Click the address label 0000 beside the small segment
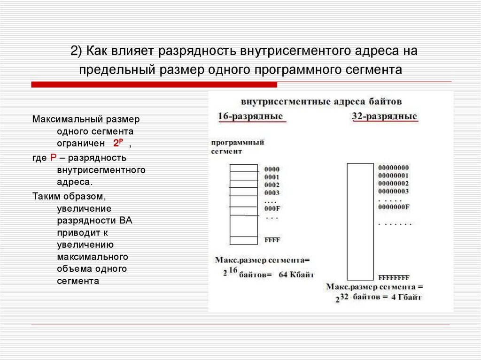pyautogui.click(x=272, y=169)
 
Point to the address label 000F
pyautogui.click(x=272, y=208)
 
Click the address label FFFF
pyautogui.click(x=272, y=240)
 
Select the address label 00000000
pyautogui.click(x=393, y=168)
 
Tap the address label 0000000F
pyautogui.click(x=393, y=207)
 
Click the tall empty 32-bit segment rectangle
pyautogui.click(x=360, y=221)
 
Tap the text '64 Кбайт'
pyautogui.click(x=296, y=275)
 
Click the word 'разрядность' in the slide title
pyautogui.click(x=199, y=51)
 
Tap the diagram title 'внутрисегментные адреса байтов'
pyautogui.click(x=321, y=101)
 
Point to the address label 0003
pyautogui.click(x=272, y=192)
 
